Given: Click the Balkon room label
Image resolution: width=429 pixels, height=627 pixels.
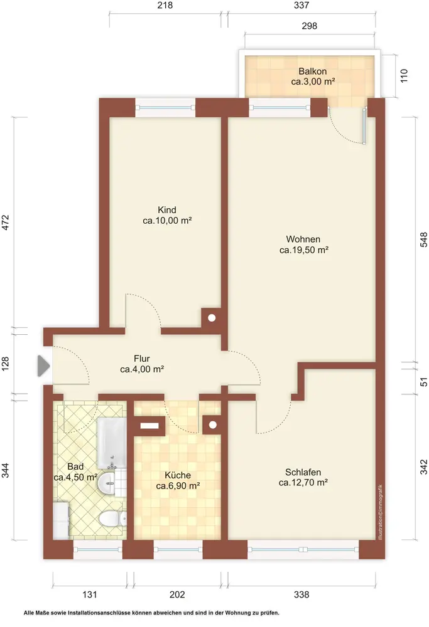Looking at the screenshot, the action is pyautogui.click(x=313, y=76).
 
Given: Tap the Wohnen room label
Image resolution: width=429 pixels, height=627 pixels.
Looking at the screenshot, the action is pyautogui.click(x=303, y=245).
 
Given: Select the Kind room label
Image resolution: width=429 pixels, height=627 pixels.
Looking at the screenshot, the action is pyautogui.click(x=167, y=214).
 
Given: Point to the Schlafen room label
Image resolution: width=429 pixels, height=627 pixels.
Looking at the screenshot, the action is pyautogui.click(x=303, y=477).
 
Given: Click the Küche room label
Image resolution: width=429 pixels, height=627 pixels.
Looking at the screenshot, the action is pyautogui.click(x=178, y=480).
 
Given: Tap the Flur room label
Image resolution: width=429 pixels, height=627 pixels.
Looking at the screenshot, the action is pyautogui.click(x=142, y=364).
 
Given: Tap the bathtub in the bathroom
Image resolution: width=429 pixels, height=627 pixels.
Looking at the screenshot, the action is pyautogui.click(x=112, y=443).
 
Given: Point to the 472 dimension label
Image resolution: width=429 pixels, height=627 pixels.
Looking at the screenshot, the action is pyautogui.click(x=6, y=223).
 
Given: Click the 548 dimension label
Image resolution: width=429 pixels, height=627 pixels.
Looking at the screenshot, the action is pyautogui.click(x=424, y=240).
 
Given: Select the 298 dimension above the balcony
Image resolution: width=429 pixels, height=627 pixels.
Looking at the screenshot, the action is pyautogui.click(x=309, y=26).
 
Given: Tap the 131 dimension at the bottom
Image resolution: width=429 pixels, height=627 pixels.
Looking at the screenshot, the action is pyautogui.click(x=90, y=594).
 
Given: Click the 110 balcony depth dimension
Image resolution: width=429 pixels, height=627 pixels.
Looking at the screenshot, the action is pyautogui.click(x=404, y=76).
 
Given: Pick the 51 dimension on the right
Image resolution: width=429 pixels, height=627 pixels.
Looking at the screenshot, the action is pyautogui.click(x=424, y=382).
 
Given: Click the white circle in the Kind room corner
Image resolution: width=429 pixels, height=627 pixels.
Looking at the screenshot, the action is pyautogui.click(x=212, y=319).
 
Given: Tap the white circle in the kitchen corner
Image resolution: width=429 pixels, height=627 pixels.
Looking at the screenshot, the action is pyautogui.click(x=213, y=424).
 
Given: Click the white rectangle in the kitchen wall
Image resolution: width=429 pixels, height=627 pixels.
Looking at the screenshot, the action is pyautogui.click(x=149, y=426).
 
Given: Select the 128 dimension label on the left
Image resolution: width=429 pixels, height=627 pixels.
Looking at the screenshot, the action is pyautogui.click(x=6, y=364).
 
